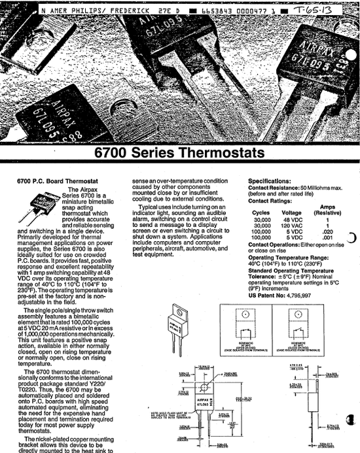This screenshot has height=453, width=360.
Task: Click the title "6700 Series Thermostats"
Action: coord(179,154)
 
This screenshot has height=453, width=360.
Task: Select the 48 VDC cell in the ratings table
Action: coord(291,220)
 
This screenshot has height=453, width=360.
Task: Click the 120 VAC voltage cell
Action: coord(291,226)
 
